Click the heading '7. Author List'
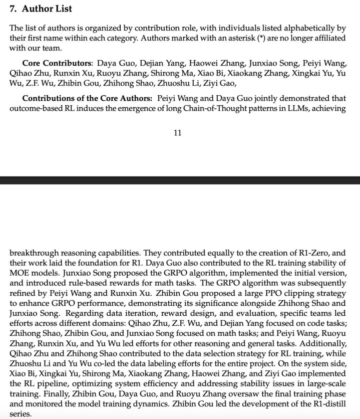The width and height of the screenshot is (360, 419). coord(41,9)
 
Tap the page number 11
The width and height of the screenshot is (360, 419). coord(177,133)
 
